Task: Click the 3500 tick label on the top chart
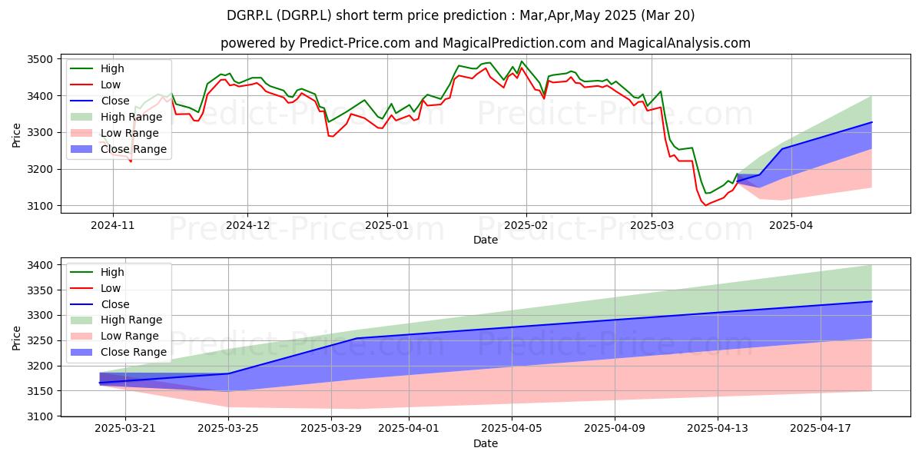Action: (40, 59)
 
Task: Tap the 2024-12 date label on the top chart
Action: (247, 226)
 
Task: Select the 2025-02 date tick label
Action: (526, 226)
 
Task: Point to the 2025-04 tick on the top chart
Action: (791, 226)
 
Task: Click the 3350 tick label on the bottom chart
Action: (40, 290)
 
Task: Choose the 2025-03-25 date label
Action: (228, 429)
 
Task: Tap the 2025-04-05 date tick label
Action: (512, 429)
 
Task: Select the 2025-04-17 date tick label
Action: (821, 429)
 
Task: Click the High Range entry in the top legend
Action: (117, 117)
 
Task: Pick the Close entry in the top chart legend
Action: (100, 101)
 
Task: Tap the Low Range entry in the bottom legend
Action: (114, 336)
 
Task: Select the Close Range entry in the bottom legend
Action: (118, 352)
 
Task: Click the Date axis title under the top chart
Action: (486, 240)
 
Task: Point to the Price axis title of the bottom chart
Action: (16, 338)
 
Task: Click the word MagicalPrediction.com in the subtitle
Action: (514, 43)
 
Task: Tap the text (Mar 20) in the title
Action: (668, 15)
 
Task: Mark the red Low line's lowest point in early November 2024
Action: (131, 161)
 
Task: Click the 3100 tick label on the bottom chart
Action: (40, 416)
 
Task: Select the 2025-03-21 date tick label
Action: (125, 429)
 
